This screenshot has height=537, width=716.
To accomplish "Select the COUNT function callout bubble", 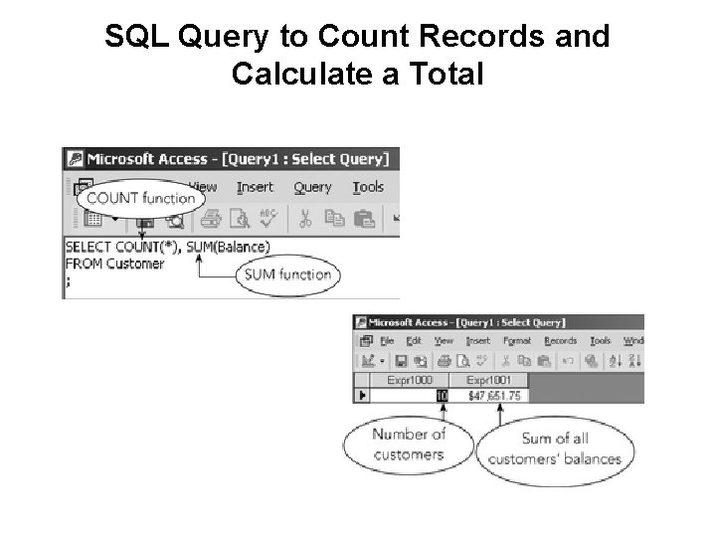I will coord(140,197).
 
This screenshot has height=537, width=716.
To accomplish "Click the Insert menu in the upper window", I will coord(255,187).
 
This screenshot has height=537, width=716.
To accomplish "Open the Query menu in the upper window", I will coord(312,187).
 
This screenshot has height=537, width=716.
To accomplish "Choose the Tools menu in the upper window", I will coord(368,187).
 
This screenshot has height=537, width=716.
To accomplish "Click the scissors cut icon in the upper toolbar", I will coord(306,218).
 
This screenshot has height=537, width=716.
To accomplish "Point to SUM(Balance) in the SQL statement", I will coord(228,247).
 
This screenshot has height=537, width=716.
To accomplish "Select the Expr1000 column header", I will coord(410,380).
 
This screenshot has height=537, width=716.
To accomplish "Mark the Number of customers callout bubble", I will coord(409,445).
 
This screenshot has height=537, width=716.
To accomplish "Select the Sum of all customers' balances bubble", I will coord(554,449).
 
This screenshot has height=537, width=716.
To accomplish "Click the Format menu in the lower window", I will coord(518,341).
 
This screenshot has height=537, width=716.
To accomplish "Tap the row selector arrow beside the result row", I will coord(362,396).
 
